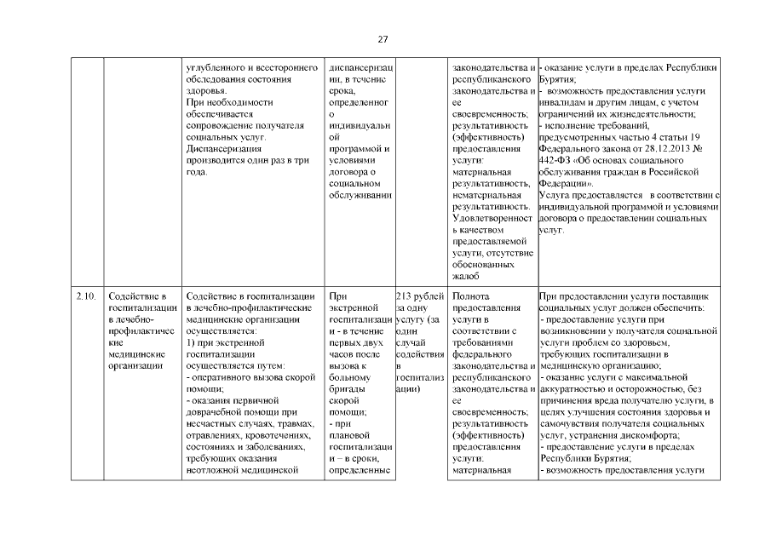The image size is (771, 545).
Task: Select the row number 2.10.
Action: tap(83, 295)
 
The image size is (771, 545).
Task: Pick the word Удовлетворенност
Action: tap(491, 218)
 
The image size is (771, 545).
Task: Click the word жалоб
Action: tap(467, 276)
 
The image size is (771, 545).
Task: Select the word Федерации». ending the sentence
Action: tap(567, 182)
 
